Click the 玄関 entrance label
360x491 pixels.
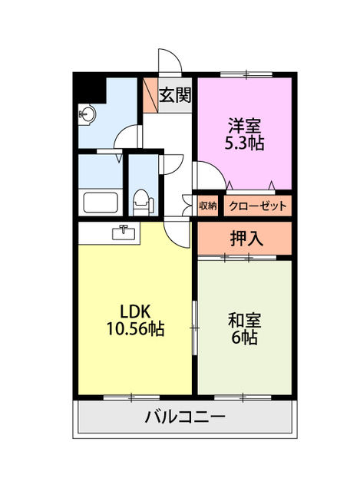tap(174, 95)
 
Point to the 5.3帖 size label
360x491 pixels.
tap(244, 143)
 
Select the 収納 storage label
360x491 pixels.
tap(207, 206)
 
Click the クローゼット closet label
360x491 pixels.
tap(258, 206)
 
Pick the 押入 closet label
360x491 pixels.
tap(246, 239)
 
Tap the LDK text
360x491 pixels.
tap(135, 311)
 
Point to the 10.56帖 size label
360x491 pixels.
tap(135, 329)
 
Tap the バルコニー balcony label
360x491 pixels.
tap(185, 418)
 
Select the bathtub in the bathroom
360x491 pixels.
tap(100, 203)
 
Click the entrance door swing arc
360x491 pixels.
tap(169, 61)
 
